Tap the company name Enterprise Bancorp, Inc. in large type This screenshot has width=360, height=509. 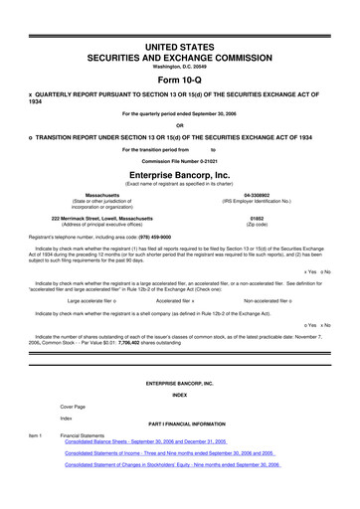pos(179,172)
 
